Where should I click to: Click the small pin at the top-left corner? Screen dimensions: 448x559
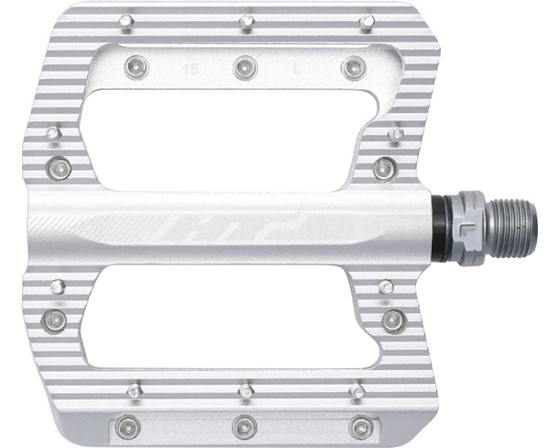(125, 19)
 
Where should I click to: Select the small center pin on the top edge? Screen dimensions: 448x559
(247, 19)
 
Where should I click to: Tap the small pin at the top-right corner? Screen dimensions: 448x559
(367, 19)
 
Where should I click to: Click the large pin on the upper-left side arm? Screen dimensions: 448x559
(60, 168)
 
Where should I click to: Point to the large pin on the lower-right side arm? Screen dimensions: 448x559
(394, 320)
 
